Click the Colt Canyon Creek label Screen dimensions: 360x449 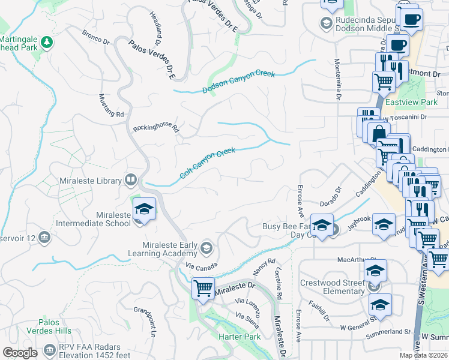click(x=208, y=164)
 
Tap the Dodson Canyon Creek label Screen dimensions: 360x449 click(x=238, y=82)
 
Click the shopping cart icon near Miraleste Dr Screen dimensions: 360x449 click(x=203, y=288)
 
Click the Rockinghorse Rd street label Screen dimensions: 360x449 click(x=156, y=127)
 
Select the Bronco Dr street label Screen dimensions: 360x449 click(x=96, y=38)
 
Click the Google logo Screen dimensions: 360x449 click(x=20, y=353)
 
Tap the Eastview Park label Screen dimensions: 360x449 click(x=411, y=103)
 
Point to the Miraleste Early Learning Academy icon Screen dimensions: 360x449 click(x=206, y=248)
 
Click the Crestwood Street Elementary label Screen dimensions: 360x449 click(x=331, y=287)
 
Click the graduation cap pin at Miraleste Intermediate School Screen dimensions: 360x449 click(x=144, y=208)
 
